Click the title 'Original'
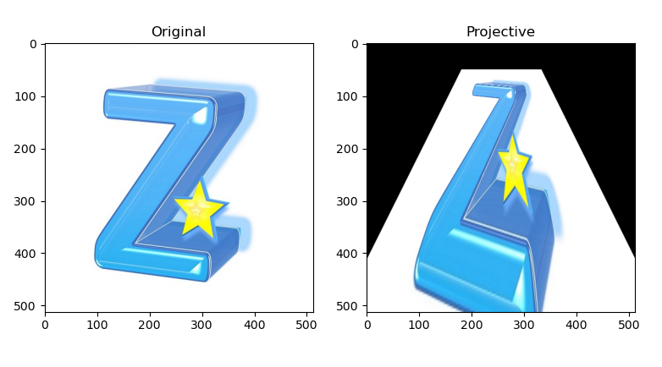(x=179, y=32)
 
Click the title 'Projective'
(x=500, y=32)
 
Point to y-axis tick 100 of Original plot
(x=25, y=96)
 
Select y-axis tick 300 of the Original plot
(x=25, y=201)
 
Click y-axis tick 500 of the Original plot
(x=25, y=306)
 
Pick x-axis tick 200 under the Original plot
(x=150, y=325)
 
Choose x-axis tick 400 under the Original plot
(x=255, y=325)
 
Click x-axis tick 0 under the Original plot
(x=45, y=325)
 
